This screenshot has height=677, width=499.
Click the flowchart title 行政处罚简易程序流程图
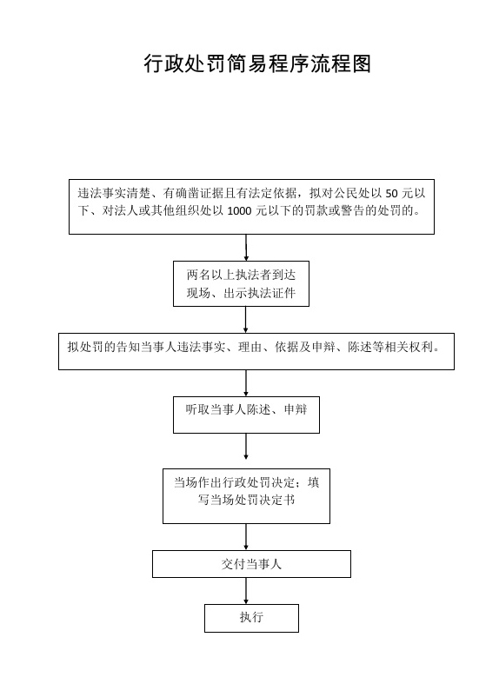pos(257,64)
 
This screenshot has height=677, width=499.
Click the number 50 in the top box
pos(391,193)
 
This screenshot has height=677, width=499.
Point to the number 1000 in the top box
pos(239,211)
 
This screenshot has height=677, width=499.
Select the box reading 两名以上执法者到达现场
pos(241,283)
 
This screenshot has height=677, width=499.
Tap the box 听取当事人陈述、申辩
pos(246,415)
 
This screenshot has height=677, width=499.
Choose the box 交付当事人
pos(251,564)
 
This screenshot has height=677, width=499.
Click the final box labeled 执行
pos(251,618)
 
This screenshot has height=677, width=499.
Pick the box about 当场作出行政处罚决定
pos(246,496)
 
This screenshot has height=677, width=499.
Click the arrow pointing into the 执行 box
pos(246,591)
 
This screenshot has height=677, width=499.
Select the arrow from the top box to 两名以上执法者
pos(246,248)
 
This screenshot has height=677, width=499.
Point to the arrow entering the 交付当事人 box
pos(246,537)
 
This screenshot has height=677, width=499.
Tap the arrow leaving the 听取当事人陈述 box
pos(246,446)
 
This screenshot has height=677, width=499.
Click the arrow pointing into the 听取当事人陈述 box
pos(246,383)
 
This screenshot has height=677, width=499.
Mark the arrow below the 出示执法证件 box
pos(246,320)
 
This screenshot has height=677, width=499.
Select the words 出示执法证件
pos(259,293)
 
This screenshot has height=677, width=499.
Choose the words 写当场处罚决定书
pos(246,500)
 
